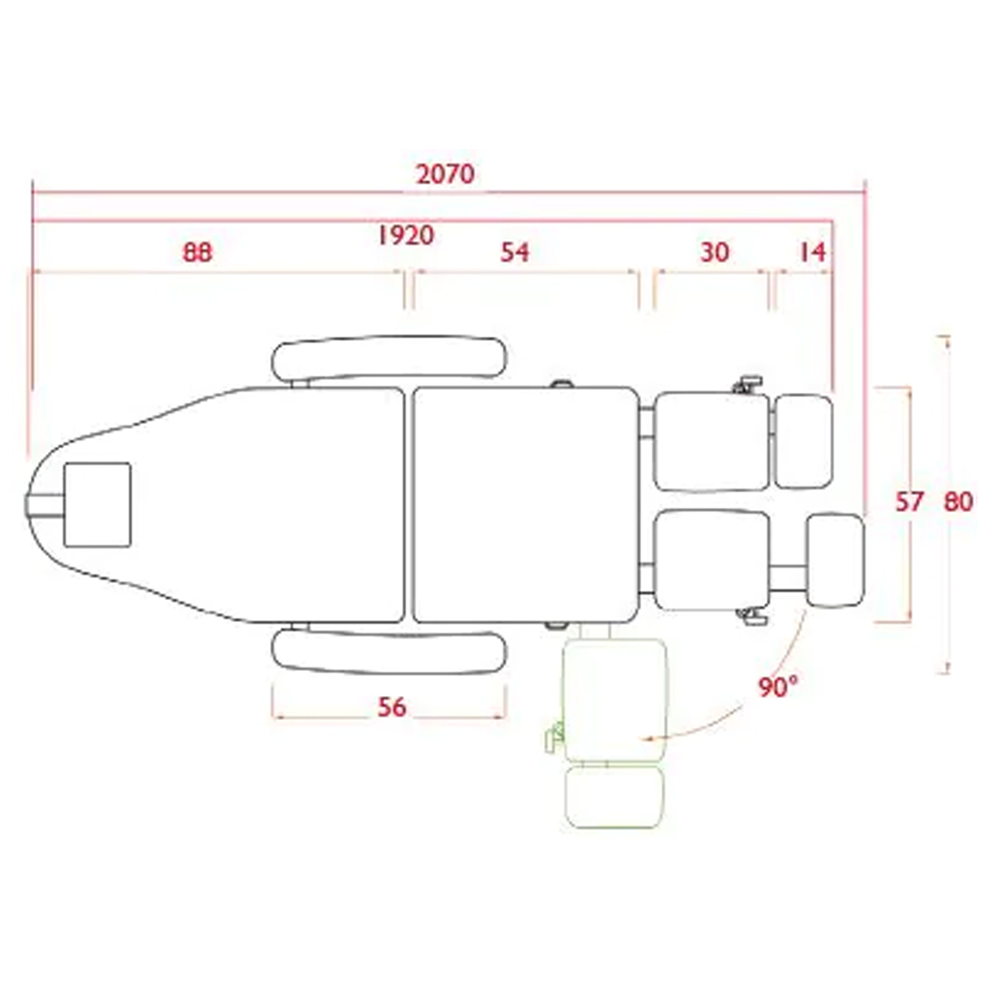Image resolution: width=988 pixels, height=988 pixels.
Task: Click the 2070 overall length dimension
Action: pos(445,174)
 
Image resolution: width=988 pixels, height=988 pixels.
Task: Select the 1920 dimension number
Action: pos(406,236)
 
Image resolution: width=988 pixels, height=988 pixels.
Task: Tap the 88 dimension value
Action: pos(198,253)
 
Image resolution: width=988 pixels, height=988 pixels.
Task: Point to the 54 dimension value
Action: pos(515,253)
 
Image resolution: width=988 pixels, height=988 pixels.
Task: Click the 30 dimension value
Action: pos(715,253)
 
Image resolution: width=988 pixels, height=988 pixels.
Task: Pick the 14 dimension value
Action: pos(813,253)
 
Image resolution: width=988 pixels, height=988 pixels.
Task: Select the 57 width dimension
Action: pos(909,502)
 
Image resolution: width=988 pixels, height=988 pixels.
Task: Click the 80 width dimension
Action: pos(958,502)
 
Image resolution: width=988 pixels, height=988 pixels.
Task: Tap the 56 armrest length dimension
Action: pos(392,708)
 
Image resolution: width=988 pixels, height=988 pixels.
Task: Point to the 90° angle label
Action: pos(778,687)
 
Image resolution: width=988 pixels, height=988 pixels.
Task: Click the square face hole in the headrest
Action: pos(97,504)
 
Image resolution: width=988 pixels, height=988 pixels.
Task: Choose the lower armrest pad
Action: pos(389,653)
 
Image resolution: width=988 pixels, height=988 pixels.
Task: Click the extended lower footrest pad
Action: pos(835,560)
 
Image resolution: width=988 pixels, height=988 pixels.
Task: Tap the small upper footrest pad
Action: pos(803,442)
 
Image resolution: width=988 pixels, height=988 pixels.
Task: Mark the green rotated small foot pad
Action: pos(614,797)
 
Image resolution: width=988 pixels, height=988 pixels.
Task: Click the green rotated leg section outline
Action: pos(615,699)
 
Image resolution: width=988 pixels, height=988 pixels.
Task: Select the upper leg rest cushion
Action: pos(712,441)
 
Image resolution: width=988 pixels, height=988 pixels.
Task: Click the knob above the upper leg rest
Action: pos(748,384)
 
